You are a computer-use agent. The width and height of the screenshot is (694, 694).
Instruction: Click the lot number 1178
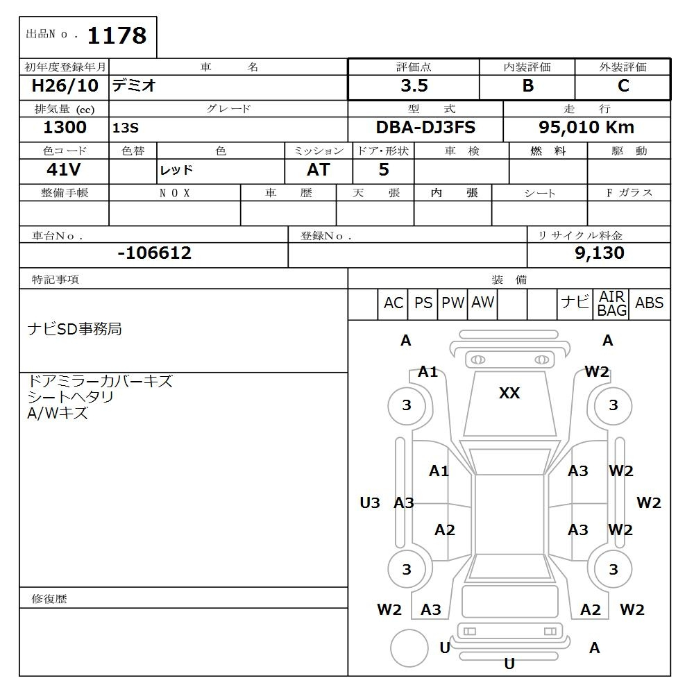tap(117, 35)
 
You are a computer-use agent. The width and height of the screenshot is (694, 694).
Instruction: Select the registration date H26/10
tap(65, 86)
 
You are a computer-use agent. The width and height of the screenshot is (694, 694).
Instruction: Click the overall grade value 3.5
tap(414, 86)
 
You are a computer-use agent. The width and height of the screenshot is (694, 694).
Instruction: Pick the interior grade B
tap(527, 86)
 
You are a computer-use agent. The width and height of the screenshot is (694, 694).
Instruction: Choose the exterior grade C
tap(623, 86)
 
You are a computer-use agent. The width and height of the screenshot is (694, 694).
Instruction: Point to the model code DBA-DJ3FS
tap(425, 128)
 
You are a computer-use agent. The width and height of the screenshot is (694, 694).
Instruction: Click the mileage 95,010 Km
tap(586, 128)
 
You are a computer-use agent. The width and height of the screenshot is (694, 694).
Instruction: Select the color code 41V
tap(65, 170)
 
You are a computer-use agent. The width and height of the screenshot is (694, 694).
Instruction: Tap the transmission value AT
tap(318, 170)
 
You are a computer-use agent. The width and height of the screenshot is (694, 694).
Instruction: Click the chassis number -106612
tap(154, 253)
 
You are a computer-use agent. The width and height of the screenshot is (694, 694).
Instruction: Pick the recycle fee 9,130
tap(599, 253)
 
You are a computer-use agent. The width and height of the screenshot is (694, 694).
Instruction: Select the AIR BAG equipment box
tap(611, 304)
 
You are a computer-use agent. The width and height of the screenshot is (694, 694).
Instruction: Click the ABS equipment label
tap(649, 303)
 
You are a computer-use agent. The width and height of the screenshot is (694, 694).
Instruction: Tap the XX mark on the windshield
tap(509, 393)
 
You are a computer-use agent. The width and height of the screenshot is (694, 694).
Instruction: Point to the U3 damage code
tap(370, 503)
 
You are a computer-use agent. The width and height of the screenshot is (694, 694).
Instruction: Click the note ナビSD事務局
tap(74, 329)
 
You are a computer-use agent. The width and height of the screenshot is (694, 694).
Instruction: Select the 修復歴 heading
tap(49, 598)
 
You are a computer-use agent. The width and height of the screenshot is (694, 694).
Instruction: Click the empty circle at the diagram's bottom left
tap(409, 648)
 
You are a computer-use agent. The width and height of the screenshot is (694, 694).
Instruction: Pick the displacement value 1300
tap(65, 128)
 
